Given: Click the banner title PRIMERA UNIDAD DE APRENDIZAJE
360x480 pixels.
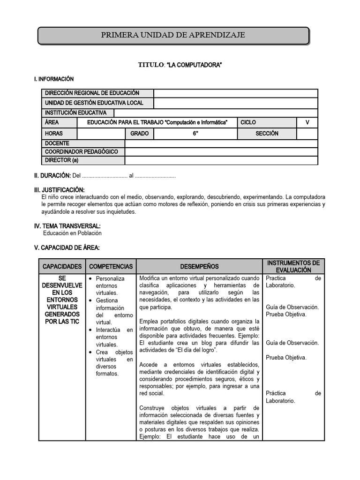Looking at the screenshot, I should pos(173,35).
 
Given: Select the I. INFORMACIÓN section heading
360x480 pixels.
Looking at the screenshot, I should pos(54,79).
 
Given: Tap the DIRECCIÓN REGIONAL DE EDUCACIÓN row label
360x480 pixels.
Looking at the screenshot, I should pos(92,93).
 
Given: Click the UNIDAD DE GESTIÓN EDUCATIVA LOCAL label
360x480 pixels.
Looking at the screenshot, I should pos(94,103).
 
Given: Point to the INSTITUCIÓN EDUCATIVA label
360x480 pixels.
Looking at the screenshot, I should pos(75,112).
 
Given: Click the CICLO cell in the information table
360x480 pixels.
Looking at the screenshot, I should pos(248,122).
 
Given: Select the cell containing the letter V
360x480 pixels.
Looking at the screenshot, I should pos(307,122).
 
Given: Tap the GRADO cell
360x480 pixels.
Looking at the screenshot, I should pos(139,134).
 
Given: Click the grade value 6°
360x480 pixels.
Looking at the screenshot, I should pos(195,134).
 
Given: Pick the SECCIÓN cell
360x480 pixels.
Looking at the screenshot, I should pos(267,134).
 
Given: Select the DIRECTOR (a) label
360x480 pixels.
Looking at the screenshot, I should pos(61,160).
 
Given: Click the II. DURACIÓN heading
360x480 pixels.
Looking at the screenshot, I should pos(52,175).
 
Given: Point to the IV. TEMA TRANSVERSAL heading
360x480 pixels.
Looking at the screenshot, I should pos(67,226).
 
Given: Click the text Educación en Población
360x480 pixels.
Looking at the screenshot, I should pos(72,233).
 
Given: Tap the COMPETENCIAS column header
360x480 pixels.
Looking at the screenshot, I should pos(111,266).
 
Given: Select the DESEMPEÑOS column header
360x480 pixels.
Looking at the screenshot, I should pos(199,266).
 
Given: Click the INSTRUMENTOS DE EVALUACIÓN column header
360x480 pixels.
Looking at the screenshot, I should pos(293,266).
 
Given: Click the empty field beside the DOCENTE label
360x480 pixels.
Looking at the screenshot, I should pos(221,143).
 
